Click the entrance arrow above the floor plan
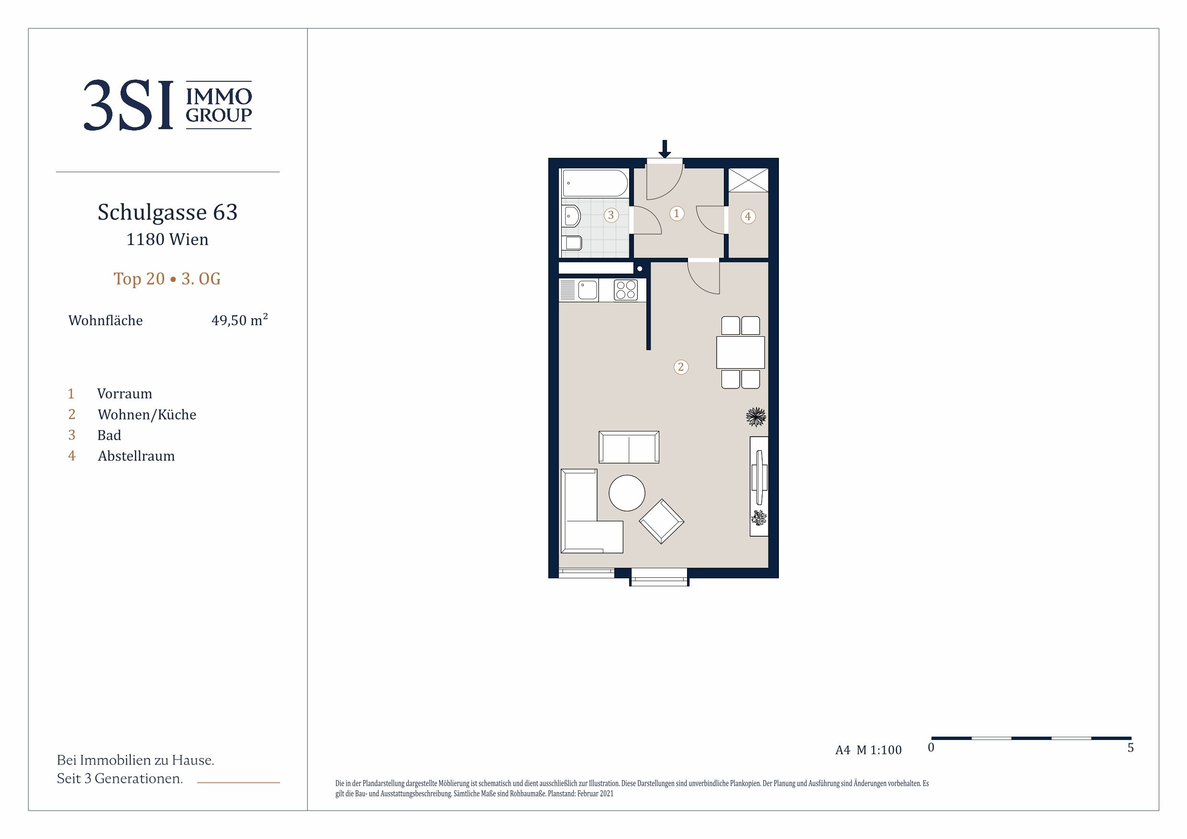(x=665, y=149)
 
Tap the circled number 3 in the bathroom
(x=611, y=215)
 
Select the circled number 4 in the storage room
(x=748, y=217)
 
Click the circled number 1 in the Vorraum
(x=676, y=213)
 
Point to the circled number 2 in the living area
(x=681, y=367)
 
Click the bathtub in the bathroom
(x=595, y=183)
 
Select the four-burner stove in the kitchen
(x=625, y=290)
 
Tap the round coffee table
(x=627, y=493)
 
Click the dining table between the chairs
(x=740, y=353)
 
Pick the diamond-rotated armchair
(x=661, y=521)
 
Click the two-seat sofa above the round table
(x=629, y=447)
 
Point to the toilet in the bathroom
(x=572, y=243)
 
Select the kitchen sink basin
(x=588, y=290)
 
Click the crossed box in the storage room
(x=748, y=180)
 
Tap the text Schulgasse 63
(x=167, y=212)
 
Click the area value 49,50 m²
(x=239, y=320)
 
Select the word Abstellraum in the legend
(x=136, y=456)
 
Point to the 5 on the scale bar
(x=1131, y=748)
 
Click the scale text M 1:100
(x=879, y=750)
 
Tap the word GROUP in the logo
(x=219, y=115)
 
